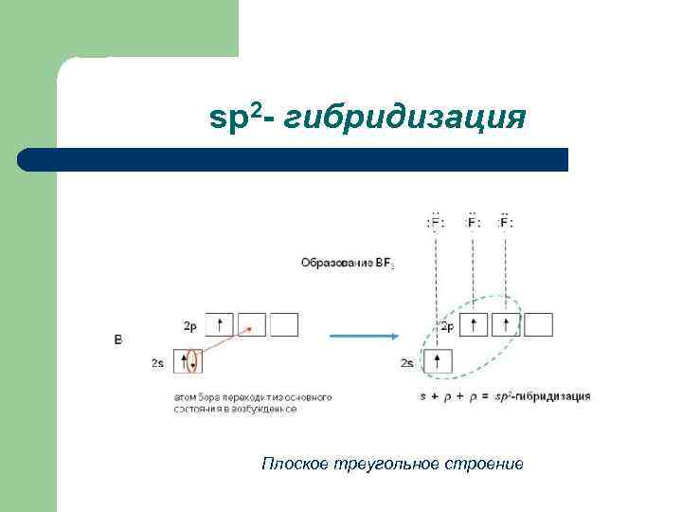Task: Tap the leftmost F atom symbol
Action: (436, 223)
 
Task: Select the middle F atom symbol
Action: (471, 223)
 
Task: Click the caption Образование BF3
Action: (348, 262)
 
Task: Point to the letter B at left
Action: (117, 338)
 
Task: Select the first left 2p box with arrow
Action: (220, 325)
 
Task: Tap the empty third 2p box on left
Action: (284, 325)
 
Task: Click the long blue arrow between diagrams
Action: (362, 337)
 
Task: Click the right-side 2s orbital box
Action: (438, 361)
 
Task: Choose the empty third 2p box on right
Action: (539, 325)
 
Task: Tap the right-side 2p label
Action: (447, 326)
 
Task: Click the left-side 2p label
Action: (189, 326)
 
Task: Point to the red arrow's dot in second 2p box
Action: (250, 330)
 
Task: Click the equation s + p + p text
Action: (455, 394)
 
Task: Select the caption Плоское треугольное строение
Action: (392, 464)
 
